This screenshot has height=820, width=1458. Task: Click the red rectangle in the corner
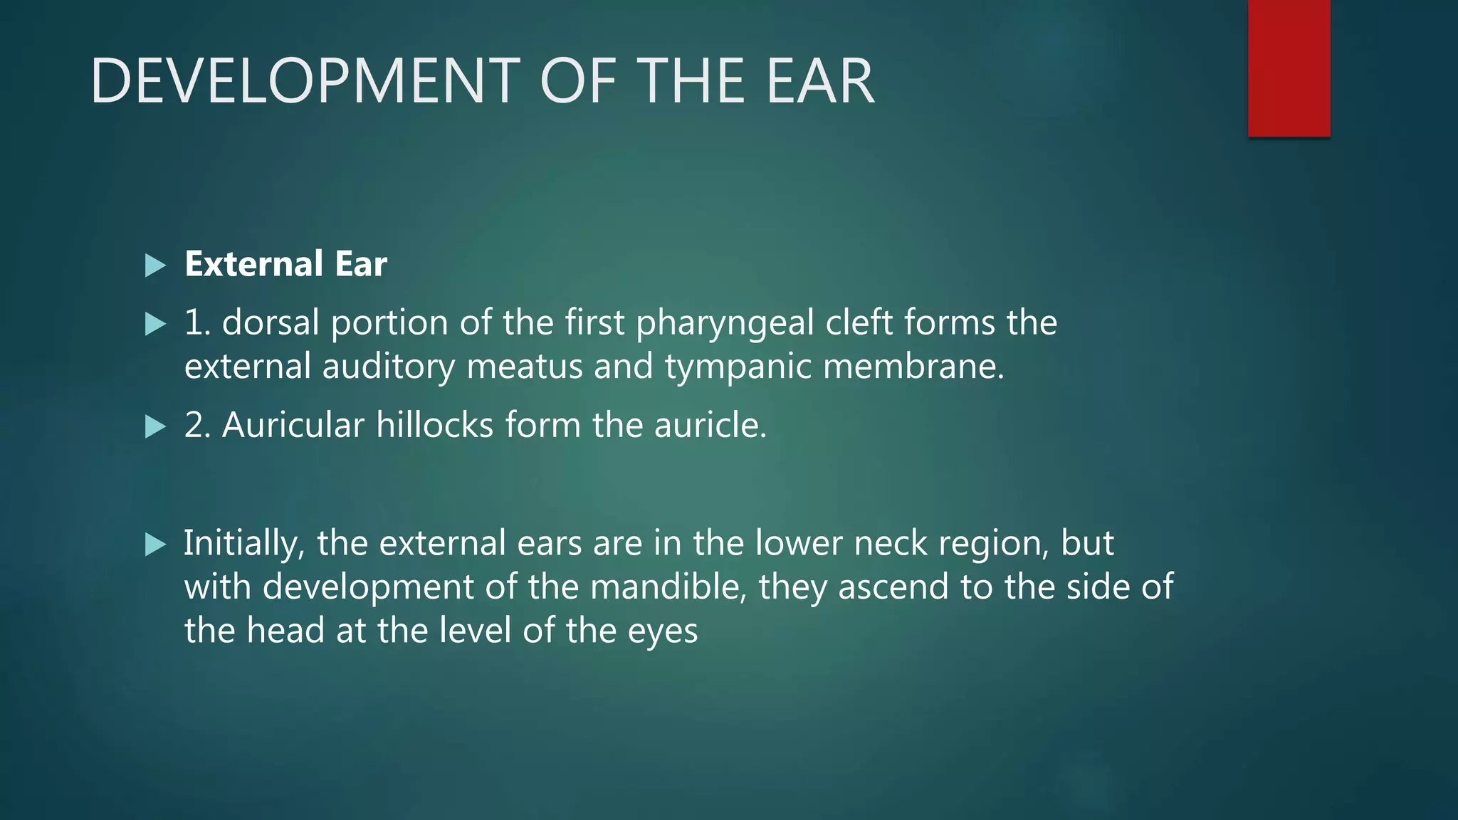1289,68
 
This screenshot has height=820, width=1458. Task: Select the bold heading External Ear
285,264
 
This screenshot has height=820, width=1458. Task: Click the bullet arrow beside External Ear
154,266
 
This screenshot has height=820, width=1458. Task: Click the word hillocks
434,425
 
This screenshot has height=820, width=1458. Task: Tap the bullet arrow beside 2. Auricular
154,427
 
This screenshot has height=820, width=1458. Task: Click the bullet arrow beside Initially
154,545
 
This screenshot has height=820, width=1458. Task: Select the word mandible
668,587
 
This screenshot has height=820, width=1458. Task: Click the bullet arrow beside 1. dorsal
154,325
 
